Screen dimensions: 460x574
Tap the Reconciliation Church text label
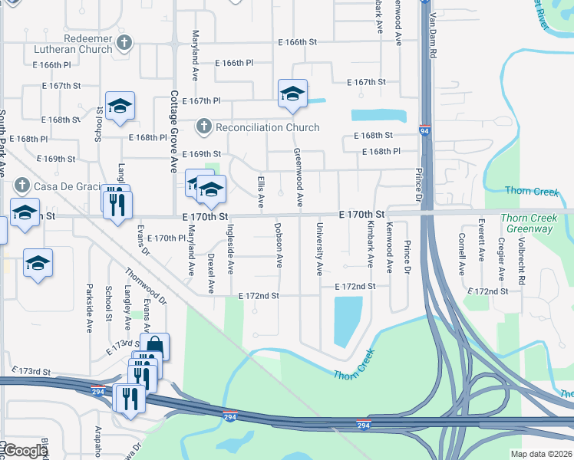click(267, 127)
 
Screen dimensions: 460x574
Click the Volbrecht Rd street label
click(521, 261)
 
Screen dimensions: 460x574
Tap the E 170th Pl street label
click(167, 238)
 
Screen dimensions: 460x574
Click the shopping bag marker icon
click(154, 346)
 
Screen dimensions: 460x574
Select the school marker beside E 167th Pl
click(292, 94)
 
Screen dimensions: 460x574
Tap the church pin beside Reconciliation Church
click(203, 127)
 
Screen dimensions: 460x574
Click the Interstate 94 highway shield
click(424, 131)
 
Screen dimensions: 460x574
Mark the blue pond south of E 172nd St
click(348, 320)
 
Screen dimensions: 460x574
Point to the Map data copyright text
click(540, 454)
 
